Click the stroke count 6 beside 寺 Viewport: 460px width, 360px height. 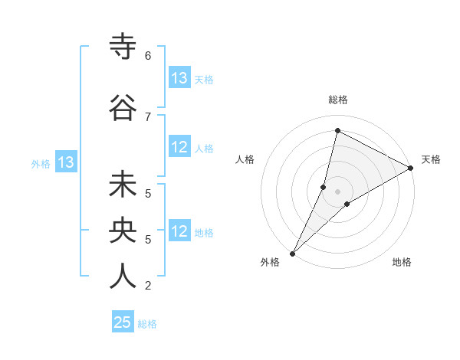point(147,56)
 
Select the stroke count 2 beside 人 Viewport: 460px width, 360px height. point(147,286)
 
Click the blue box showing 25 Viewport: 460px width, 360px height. point(123,322)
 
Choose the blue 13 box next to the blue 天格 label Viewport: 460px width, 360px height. point(179,78)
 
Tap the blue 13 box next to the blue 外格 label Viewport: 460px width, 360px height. point(65,162)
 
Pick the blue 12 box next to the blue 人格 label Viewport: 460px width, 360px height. point(179,148)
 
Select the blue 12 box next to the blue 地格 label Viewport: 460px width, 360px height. point(179,232)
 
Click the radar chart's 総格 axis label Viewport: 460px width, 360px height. point(338,100)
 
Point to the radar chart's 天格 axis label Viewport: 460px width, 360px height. point(431,159)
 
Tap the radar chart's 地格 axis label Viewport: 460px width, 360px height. point(402,262)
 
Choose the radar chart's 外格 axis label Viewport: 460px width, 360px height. point(270,262)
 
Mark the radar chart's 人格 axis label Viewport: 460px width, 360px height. point(245,159)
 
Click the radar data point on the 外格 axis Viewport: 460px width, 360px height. point(292,253)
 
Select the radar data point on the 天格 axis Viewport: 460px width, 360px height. point(411,168)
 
